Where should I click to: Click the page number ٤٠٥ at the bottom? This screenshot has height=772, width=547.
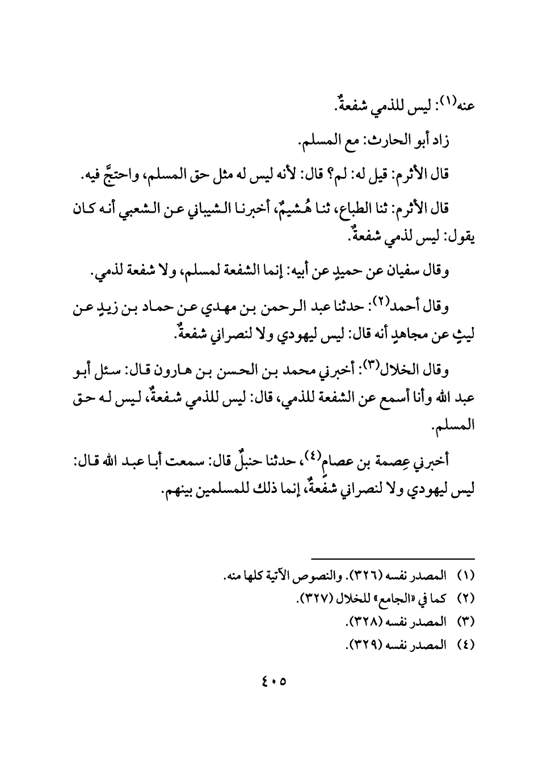point(273,680)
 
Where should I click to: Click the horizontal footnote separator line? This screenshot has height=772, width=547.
point(392,559)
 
